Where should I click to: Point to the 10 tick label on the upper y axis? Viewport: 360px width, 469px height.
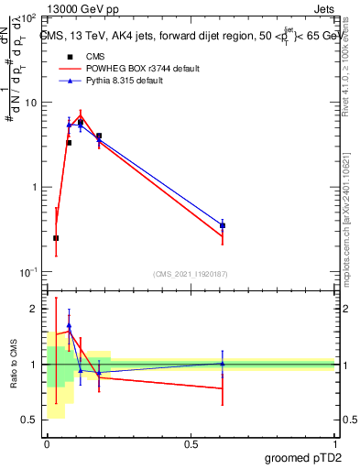coord(32,103)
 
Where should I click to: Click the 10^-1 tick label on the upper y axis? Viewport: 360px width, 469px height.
coord(29,271)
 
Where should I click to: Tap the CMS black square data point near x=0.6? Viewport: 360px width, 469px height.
coord(223,225)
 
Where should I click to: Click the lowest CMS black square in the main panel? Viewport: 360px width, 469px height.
coord(56,238)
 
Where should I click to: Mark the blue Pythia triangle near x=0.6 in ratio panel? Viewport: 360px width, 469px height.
coord(223,364)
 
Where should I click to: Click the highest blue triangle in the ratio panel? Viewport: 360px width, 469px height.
coord(69,325)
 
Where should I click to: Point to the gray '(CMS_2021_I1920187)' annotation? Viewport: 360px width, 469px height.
coord(191,274)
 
